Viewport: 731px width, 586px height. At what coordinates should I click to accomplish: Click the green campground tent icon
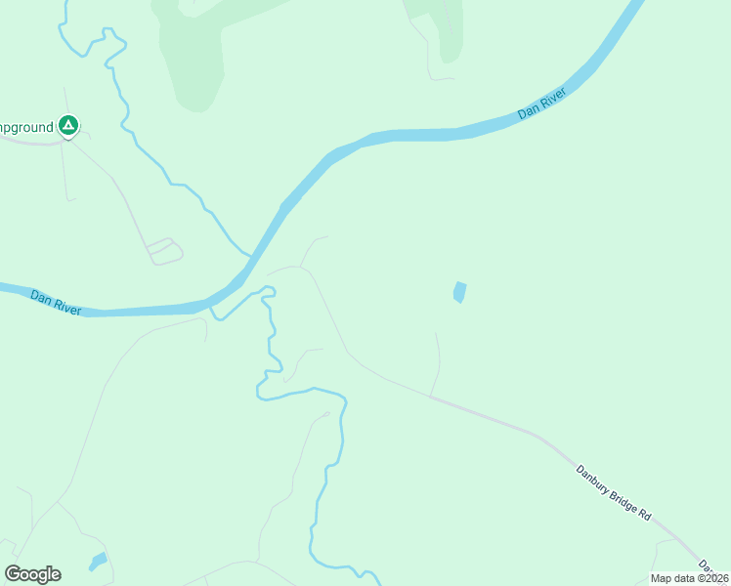68,125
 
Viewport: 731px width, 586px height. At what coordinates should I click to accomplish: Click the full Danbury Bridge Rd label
613,492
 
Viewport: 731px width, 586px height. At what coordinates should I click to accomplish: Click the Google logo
32,574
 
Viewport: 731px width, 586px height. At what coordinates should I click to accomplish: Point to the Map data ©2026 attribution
689,578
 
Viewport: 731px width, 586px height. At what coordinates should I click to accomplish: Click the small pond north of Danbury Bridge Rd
458,292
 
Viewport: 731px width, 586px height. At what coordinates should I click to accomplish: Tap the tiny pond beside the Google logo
98,562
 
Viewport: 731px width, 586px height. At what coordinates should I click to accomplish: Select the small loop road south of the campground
165,251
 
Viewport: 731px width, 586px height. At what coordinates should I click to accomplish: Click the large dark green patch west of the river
195,54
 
